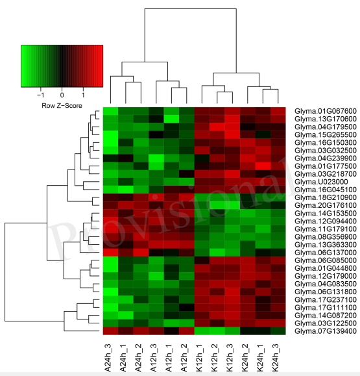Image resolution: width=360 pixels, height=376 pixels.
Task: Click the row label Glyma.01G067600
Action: [x=326, y=111]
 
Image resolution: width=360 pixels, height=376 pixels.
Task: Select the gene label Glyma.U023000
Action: [x=321, y=182]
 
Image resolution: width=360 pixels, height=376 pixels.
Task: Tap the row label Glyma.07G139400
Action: [x=326, y=331]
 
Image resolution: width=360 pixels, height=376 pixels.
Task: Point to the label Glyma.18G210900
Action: [x=326, y=197]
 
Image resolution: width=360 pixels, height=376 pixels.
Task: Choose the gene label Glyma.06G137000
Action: [x=326, y=253]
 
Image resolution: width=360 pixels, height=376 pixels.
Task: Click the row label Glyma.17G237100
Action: [x=326, y=300]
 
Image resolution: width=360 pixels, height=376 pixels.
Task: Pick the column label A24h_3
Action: [x=108, y=358]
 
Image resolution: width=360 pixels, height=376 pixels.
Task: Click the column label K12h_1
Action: [x=199, y=358]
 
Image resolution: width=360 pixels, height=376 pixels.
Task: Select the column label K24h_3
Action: [x=276, y=358]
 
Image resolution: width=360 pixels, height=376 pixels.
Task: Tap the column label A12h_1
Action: [x=169, y=358]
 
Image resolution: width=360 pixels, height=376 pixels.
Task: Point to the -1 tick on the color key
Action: [x=41, y=95]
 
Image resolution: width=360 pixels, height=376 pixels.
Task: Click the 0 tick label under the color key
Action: [x=62, y=95]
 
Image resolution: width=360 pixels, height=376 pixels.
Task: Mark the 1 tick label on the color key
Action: [x=83, y=95]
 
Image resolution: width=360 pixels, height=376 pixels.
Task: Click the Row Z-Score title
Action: [x=62, y=105]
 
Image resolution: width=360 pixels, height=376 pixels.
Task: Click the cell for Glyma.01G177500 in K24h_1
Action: [x=263, y=166]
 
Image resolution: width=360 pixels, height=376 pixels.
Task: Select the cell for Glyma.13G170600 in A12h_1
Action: [x=171, y=119]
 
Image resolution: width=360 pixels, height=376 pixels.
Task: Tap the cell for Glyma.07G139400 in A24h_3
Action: [x=110, y=331]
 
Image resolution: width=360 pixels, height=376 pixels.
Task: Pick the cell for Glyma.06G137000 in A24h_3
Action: [x=110, y=253]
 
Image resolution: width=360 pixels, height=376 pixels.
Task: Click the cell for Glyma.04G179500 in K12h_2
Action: [x=217, y=127]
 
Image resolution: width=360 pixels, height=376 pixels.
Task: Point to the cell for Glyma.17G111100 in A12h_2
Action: [x=187, y=307]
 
